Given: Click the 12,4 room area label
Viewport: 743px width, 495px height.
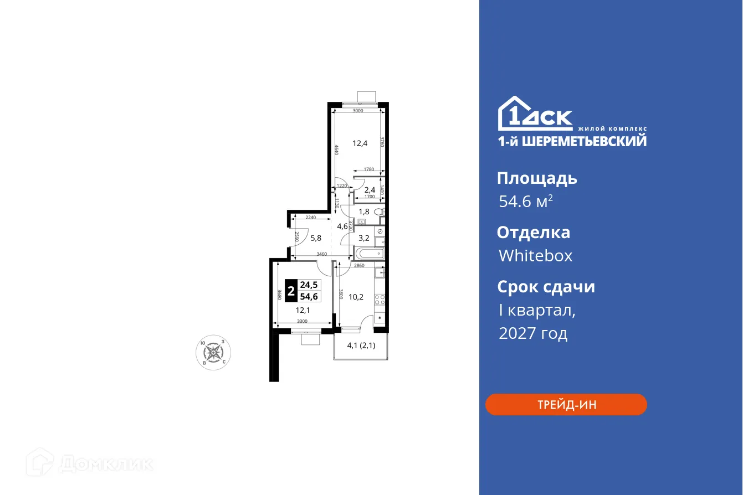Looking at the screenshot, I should [x=360, y=143].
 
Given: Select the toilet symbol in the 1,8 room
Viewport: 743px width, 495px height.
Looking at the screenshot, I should [x=379, y=212].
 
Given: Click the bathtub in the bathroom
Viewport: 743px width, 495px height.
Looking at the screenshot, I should [x=369, y=254].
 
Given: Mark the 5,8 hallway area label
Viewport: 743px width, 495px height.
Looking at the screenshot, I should [x=316, y=239].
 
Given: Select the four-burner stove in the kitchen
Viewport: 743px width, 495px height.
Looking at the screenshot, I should [x=380, y=300].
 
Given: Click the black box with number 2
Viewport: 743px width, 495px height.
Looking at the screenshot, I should [x=291, y=291].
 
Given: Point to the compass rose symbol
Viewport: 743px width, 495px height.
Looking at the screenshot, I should [x=213, y=352].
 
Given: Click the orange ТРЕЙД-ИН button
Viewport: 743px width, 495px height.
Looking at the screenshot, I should [x=566, y=405].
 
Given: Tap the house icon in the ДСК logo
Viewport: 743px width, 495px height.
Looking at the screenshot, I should [x=513, y=114].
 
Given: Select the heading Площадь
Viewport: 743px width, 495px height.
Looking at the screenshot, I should [x=537, y=178].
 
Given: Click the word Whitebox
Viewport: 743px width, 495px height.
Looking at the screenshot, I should [x=535, y=256].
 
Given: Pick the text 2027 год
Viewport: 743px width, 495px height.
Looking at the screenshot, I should [x=533, y=334].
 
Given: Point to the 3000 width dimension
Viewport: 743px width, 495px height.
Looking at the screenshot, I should [x=357, y=111].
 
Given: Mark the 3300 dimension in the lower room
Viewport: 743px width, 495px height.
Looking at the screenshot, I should [x=302, y=321].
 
